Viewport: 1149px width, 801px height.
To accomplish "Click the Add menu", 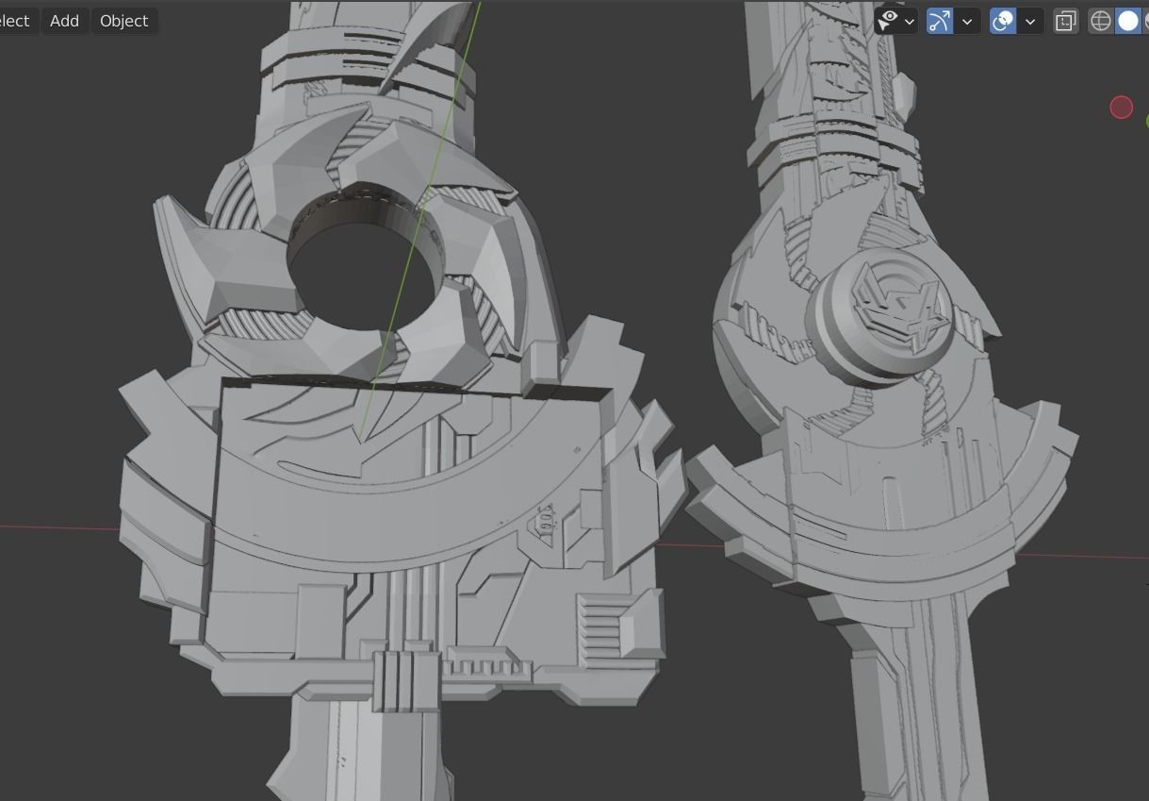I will coord(64,21).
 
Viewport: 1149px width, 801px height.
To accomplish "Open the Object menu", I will coord(123,21).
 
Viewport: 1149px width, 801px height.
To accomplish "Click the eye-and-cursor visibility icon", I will coord(887,21).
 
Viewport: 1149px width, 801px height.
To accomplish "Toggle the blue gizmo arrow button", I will coord(940,21).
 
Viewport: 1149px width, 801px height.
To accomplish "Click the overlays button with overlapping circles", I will coord(1003,21).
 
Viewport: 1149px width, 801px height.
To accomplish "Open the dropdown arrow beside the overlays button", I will coord(1030,21).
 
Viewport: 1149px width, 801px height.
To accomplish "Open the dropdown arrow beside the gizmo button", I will coord(967,21).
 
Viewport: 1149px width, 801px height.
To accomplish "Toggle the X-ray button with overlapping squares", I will coord(1065,21).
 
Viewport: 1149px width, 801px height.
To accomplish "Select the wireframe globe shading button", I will coord(1100,21).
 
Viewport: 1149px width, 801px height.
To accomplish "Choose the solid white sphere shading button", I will coord(1127,21).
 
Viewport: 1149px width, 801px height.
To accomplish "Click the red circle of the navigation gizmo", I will coord(1121,108).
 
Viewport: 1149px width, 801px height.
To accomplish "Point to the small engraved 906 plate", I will coord(545,518).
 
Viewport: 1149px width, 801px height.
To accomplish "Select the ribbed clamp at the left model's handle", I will coord(405,680).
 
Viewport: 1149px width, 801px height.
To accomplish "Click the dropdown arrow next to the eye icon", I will coord(910,21).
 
